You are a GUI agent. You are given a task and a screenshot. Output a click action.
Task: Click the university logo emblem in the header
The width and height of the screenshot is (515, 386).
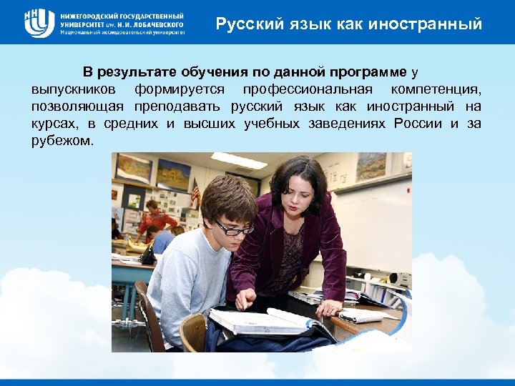[39, 23]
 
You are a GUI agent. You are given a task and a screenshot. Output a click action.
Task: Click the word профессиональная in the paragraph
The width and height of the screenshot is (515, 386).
[308, 90]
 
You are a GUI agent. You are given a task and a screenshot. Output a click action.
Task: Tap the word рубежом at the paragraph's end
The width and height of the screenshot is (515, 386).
[61, 142]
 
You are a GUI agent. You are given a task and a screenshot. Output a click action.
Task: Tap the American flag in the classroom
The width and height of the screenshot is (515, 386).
[195, 192]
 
